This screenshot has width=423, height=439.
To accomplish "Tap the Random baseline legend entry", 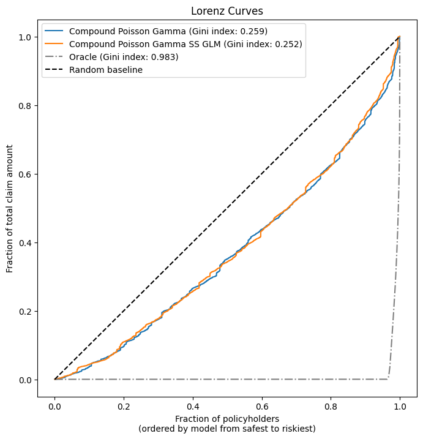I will point(106,70).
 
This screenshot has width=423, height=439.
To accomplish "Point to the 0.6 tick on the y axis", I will point(30,174).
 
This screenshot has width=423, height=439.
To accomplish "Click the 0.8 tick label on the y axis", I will point(30,105).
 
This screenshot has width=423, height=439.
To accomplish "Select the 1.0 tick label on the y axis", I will point(30,37).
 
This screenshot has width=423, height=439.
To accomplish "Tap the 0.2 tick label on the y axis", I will point(30,311).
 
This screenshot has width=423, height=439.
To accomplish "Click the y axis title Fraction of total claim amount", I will point(10,209).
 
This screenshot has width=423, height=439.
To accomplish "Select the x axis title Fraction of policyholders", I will point(227,418).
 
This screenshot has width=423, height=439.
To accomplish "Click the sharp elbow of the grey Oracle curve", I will point(388,378).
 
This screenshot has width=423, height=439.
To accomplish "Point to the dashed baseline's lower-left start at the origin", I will point(55,380).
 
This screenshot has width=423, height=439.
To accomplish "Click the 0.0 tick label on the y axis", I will point(30,380).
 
